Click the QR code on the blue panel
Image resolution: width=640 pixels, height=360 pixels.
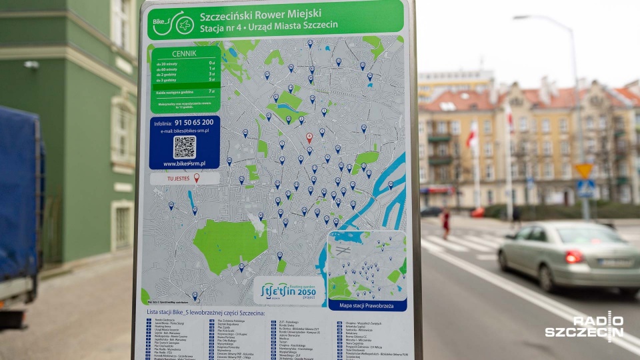(x=185, y=147)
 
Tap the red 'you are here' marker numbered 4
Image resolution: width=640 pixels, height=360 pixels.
(x=309, y=137)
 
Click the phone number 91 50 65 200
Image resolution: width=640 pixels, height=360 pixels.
(x=193, y=123)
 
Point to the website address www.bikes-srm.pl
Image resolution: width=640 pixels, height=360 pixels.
(x=184, y=163)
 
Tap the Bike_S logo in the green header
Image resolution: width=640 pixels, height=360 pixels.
(x=173, y=24)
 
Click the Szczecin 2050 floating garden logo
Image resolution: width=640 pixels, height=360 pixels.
(x=289, y=291)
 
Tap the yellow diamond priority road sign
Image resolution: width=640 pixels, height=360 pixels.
(x=584, y=170)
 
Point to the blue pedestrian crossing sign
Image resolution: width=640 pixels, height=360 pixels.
(x=585, y=189)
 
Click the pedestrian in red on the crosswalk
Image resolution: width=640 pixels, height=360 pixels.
(x=445, y=222)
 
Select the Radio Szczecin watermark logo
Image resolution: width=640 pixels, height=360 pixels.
(x=584, y=327)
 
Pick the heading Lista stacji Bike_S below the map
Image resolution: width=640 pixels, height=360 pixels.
(x=205, y=313)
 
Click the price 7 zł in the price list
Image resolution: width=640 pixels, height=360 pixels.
(x=212, y=91)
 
